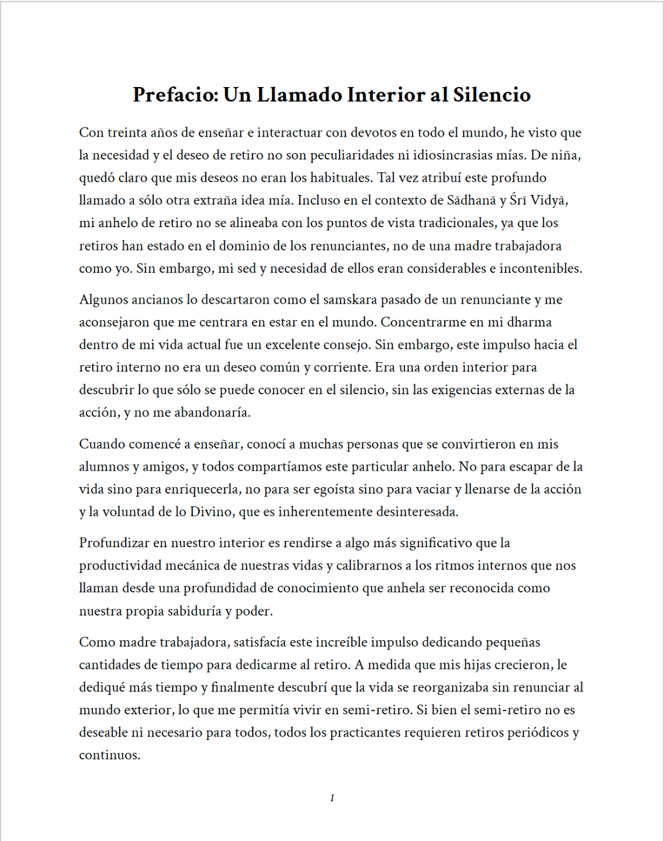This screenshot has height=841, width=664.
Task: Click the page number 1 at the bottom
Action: (x=332, y=798)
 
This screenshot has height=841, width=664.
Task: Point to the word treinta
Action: (x=127, y=133)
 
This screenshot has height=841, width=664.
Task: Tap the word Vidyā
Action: (x=549, y=200)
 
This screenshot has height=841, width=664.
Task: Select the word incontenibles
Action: (x=540, y=269)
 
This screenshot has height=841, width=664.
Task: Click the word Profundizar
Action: (x=114, y=543)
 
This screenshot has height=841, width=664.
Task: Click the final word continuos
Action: (x=109, y=755)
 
